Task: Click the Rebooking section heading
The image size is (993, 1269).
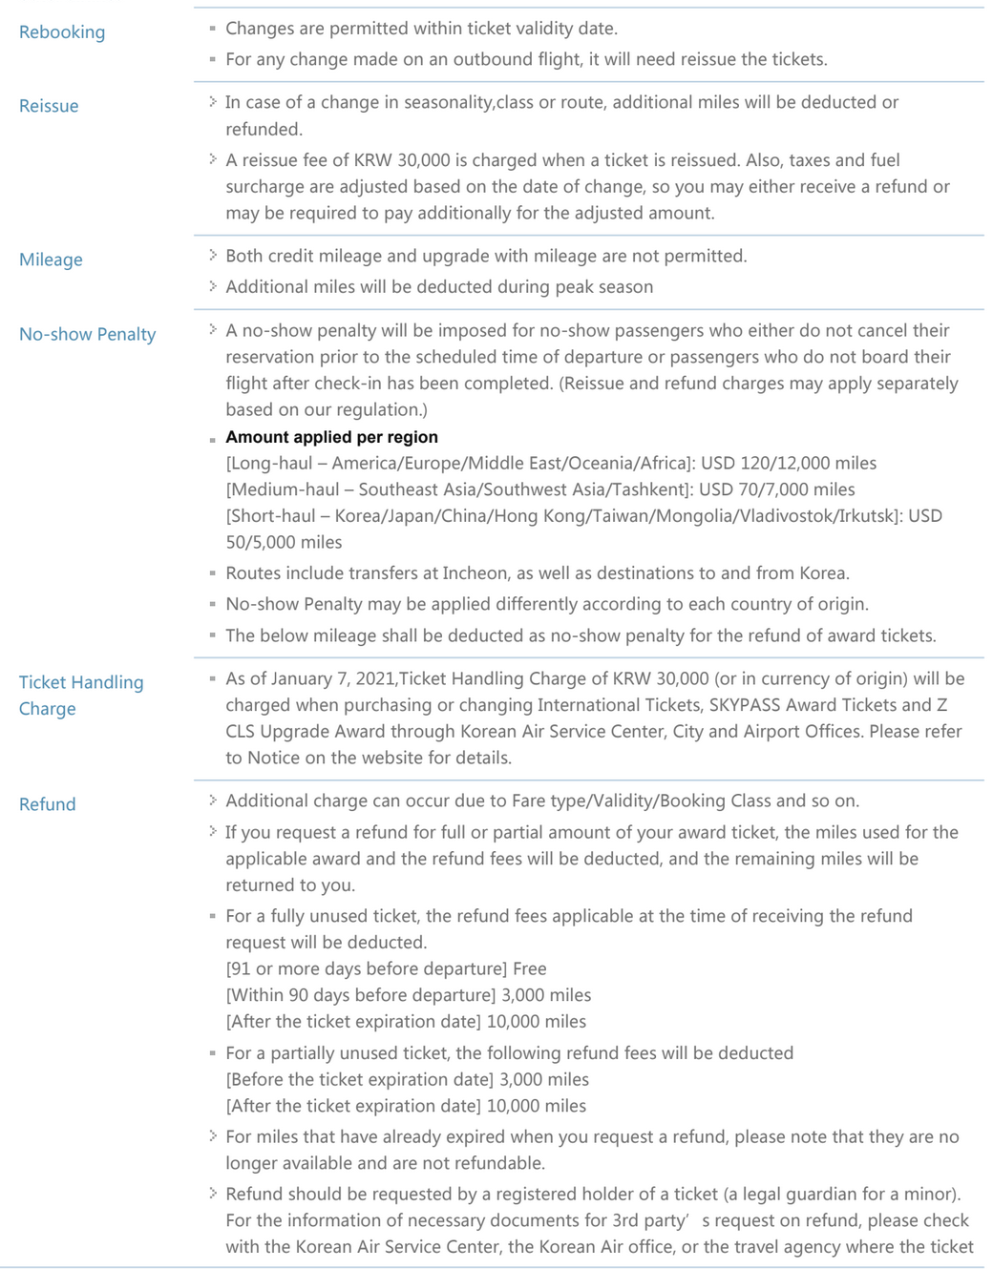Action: (x=62, y=32)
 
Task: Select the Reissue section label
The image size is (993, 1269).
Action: (x=49, y=106)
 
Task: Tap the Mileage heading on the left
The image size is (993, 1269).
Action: (x=51, y=260)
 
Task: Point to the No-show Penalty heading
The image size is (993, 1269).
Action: (x=87, y=334)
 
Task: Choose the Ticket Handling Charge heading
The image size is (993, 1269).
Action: (x=81, y=696)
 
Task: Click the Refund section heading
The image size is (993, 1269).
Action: (x=48, y=804)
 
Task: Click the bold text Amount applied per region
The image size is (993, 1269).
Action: (x=331, y=437)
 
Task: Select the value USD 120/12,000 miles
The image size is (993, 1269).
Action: (x=788, y=464)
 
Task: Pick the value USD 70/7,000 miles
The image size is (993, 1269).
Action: (x=776, y=489)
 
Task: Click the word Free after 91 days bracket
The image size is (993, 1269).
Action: (x=529, y=969)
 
